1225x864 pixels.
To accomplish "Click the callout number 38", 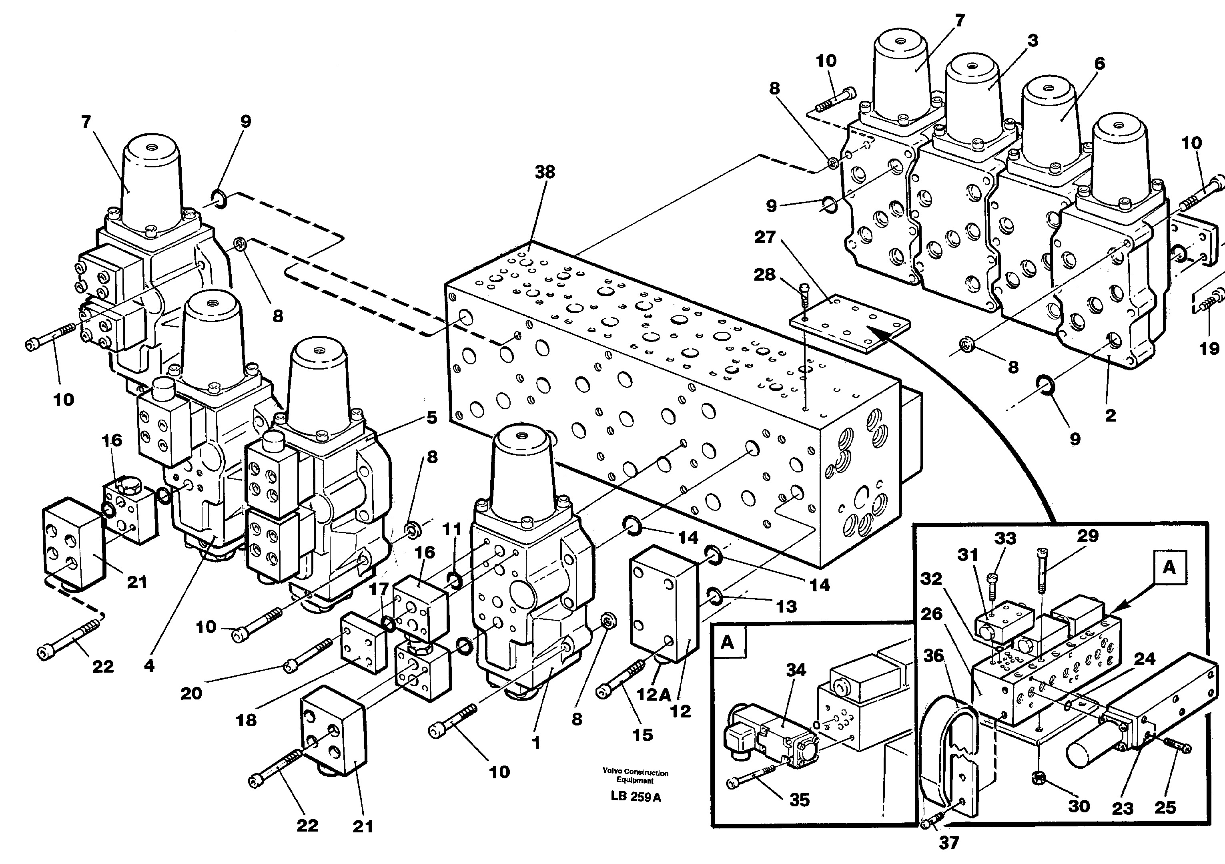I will pos(545,173).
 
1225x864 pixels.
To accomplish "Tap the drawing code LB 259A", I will pos(636,797).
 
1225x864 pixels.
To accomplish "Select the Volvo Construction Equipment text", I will pos(636,776).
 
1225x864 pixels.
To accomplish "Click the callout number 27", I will pos(764,237).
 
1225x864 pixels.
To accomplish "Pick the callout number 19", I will pos(1209,348).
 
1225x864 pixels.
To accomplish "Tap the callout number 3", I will pos(1033,40).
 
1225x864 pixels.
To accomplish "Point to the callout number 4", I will pos(149,665).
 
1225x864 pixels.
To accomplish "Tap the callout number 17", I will pos(379,590).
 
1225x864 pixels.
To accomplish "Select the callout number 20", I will pos(191,693).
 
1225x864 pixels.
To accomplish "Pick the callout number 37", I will pos(948,843).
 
